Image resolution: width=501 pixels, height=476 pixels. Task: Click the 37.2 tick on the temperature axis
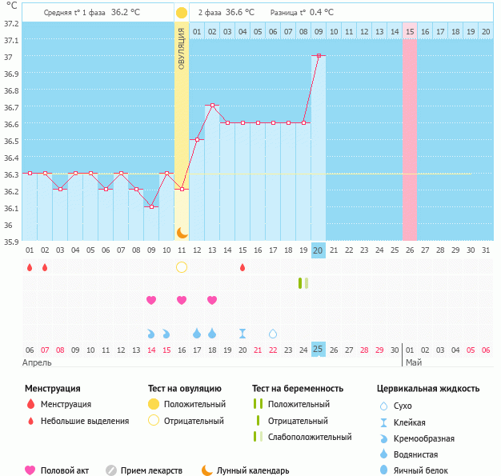coord(11,23)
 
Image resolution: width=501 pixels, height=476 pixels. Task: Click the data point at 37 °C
coord(319,55)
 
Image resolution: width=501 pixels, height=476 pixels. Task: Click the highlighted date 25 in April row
coord(319,350)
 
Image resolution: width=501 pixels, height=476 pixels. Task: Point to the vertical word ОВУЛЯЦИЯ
coord(182,48)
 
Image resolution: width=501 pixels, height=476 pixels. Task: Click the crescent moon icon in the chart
coord(182,232)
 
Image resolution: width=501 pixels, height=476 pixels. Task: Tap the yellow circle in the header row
coord(182,13)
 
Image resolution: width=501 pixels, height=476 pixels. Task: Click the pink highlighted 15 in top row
coord(410,31)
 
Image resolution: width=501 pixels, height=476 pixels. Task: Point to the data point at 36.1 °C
coord(151,206)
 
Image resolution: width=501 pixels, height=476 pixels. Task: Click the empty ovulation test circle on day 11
coord(182,267)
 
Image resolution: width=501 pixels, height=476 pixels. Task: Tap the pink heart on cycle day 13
coord(212,300)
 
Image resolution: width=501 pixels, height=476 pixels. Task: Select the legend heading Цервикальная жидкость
coord(428,389)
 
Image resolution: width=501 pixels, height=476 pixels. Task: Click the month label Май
coord(413,362)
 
